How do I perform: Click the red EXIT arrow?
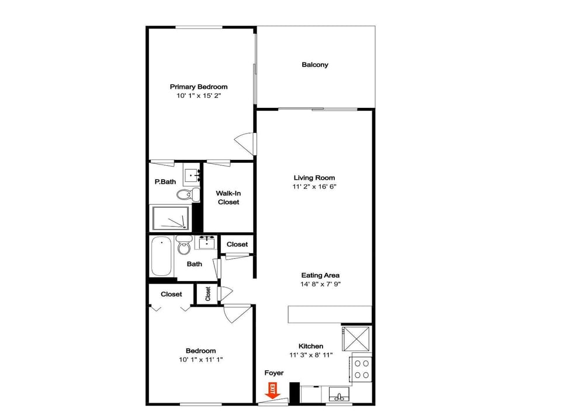pos(273,391)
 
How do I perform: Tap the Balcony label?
pos(315,65)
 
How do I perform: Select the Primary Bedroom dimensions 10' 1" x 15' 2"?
pos(199,96)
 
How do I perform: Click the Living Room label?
pos(314,178)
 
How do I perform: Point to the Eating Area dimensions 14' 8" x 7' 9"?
pos(320,284)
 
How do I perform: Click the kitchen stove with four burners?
pos(361,369)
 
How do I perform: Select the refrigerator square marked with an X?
pos(356,338)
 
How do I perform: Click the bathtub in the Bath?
pos(161,257)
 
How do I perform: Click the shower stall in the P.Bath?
pos(170,218)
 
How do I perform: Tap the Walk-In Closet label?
pos(228,198)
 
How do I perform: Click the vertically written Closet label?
pos(208,294)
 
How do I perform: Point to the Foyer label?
pos(274,373)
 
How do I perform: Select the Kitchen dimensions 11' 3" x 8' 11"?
pos(311,355)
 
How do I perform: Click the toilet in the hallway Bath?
pos(184,246)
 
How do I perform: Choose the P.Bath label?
pos(165,182)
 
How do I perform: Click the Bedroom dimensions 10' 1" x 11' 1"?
pos(200,360)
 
